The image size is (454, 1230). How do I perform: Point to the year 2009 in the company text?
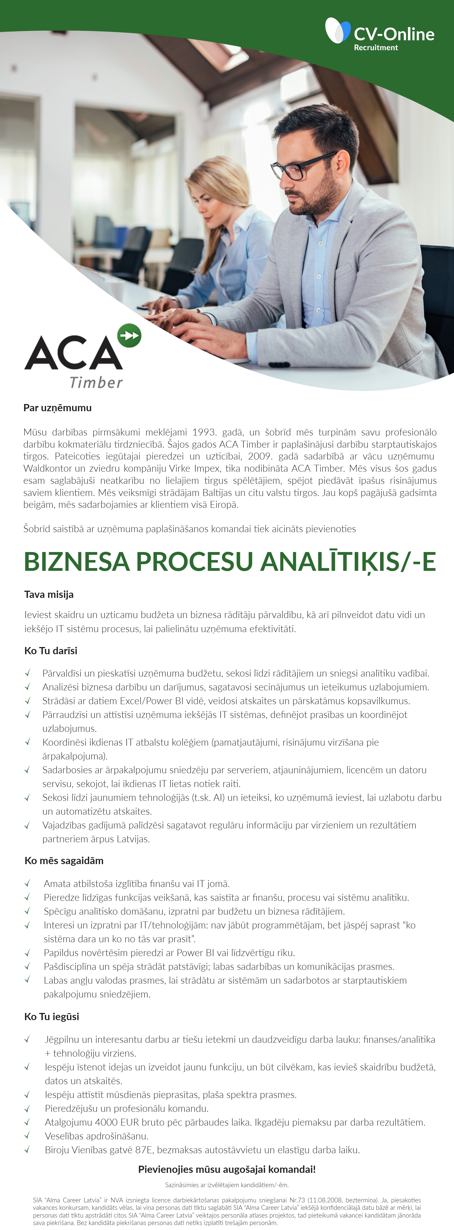260,456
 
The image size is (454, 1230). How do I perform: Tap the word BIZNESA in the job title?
76,561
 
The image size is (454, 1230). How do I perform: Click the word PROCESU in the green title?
194,561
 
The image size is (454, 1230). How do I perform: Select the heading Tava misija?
49,595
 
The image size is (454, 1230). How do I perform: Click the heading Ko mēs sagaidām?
64,861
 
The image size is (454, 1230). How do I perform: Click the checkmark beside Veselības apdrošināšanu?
27,1136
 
